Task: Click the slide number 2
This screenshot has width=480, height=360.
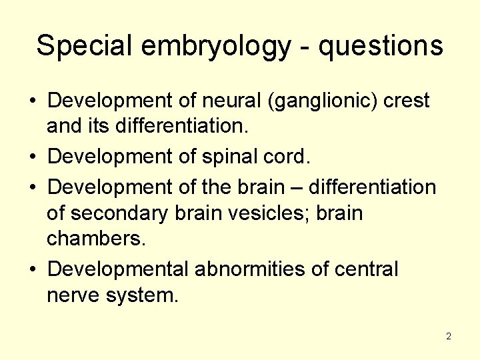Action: [x=449, y=336]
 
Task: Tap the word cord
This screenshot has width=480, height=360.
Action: [x=289, y=157]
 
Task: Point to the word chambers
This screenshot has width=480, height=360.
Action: [x=95, y=241]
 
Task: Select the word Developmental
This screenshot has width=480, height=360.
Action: [x=119, y=269]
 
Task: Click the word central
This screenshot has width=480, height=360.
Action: [x=367, y=269]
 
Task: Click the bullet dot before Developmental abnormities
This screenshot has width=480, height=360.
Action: [x=31, y=270]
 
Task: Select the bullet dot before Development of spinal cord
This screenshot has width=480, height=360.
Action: [x=31, y=157]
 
